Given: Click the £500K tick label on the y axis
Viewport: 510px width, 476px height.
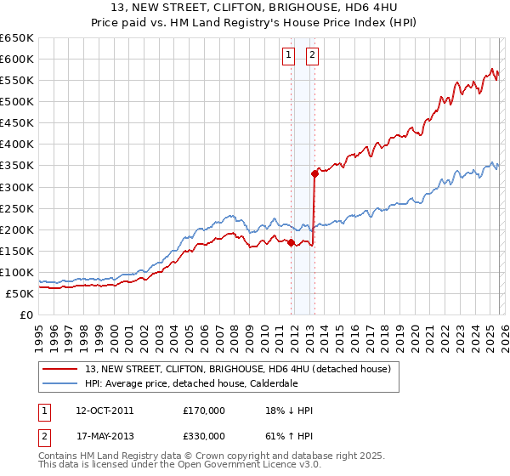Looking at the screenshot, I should click(x=17, y=102).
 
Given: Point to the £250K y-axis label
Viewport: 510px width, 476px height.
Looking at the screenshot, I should click(x=17, y=208).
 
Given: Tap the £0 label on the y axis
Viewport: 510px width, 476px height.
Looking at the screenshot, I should click(x=26, y=315).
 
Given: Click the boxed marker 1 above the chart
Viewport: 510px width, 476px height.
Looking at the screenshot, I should click(x=289, y=56).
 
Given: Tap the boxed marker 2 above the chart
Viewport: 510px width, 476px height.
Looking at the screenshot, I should click(x=312, y=56).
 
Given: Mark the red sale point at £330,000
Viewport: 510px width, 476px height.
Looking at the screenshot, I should click(x=314, y=173).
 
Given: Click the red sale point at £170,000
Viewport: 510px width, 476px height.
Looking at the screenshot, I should click(x=291, y=242).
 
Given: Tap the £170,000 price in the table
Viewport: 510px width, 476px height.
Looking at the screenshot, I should click(x=204, y=411).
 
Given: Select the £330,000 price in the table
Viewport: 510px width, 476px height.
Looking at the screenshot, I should click(x=204, y=435).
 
